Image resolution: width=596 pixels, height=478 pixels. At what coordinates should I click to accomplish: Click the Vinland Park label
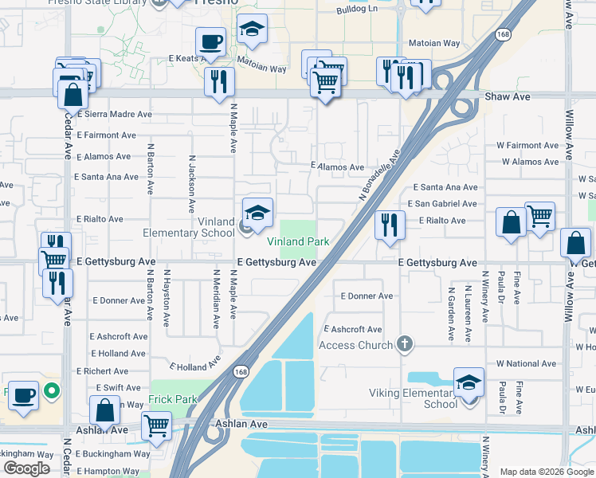click(298, 241)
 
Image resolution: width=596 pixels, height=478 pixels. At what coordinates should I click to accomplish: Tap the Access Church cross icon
click(405, 344)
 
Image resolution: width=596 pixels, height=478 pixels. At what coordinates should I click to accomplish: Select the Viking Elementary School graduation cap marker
click(469, 382)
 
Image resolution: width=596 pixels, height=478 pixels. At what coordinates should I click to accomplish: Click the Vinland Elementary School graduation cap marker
click(257, 214)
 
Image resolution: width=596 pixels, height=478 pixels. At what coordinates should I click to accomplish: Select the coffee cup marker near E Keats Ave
click(211, 42)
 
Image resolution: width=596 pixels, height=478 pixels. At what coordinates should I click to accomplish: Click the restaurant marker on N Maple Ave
click(218, 81)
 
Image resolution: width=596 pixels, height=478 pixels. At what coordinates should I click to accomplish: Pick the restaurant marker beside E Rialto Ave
click(390, 225)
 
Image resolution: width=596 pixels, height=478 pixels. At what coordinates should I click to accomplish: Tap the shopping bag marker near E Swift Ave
click(105, 411)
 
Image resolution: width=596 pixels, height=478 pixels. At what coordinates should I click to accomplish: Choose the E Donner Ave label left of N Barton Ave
click(119, 300)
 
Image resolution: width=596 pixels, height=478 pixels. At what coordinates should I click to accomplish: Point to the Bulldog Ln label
click(359, 10)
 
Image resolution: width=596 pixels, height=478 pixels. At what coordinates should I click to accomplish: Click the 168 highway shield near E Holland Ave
click(240, 371)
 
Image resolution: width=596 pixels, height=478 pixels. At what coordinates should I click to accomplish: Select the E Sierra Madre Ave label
click(115, 114)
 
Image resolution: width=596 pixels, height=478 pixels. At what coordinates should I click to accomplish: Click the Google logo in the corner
click(26, 468)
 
